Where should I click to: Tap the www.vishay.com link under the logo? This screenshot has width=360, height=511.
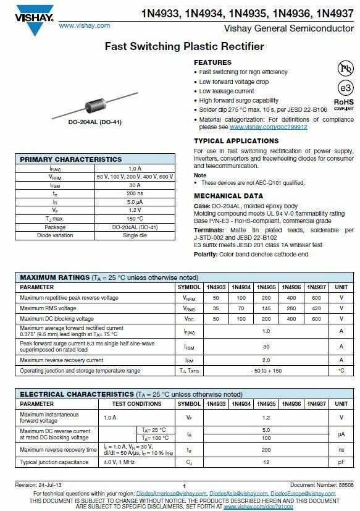click(x=84, y=25)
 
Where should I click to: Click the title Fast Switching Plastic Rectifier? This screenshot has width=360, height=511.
click(x=184, y=46)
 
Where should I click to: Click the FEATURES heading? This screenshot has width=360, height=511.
click(x=212, y=62)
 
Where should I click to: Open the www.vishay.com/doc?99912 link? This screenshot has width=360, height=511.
click(x=268, y=127)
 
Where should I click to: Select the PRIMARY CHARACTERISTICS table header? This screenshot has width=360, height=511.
click(x=71, y=159)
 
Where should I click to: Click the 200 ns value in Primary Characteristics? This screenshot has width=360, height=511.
click(x=135, y=193)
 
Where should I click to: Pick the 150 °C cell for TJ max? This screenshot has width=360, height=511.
click(x=135, y=219)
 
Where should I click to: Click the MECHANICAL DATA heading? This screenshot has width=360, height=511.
click(x=228, y=196)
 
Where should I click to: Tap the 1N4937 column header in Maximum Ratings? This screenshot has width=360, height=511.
click(x=316, y=287)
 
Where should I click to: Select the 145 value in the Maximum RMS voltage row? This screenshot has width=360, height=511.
click(x=266, y=308)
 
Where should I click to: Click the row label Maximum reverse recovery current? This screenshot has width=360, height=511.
click(x=62, y=360)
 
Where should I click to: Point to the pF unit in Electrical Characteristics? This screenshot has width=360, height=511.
click(x=341, y=462)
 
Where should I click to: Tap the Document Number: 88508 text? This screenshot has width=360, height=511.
click(x=322, y=486)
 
